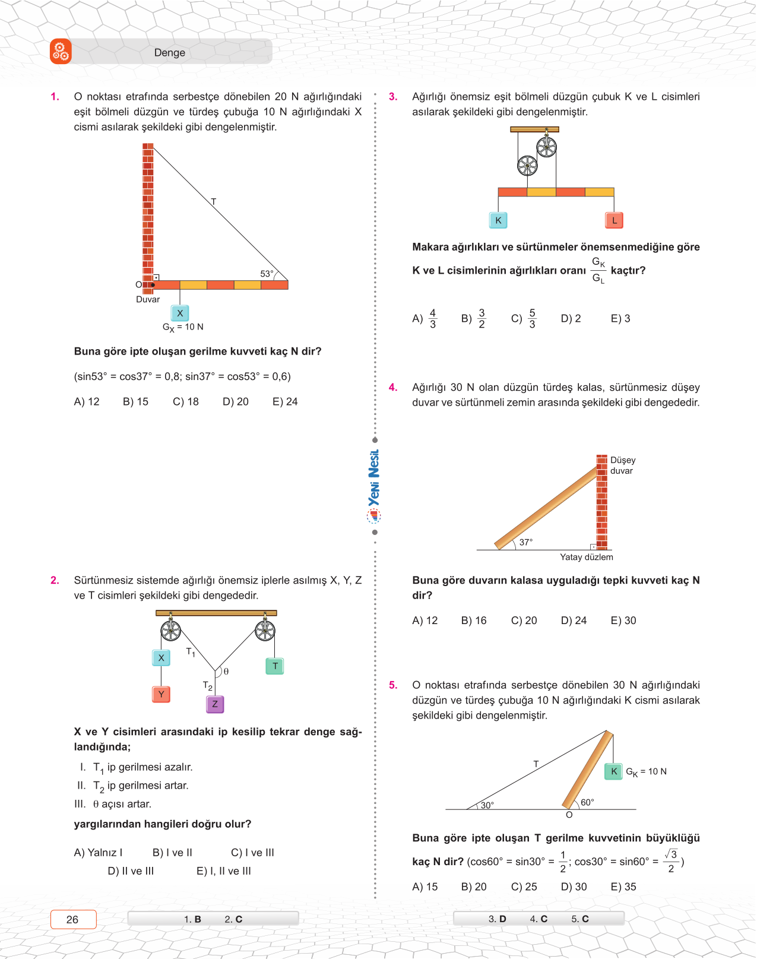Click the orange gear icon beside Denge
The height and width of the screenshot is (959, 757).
click(x=61, y=52)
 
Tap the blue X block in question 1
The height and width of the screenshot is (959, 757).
click(x=180, y=313)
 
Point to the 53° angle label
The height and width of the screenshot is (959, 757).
click(x=267, y=274)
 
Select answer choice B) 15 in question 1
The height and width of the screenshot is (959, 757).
click(x=135, y=402)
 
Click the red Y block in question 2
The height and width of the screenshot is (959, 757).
click(x=161, y=694)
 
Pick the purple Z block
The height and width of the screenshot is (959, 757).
click(x=215, y=704)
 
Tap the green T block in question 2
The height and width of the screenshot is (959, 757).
click(x=275, y=666)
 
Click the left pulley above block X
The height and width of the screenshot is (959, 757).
click(x=171, y=630)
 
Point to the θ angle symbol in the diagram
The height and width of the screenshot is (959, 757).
click(x=226, y=672)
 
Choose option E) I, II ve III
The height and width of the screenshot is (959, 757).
click(x=224, y=871)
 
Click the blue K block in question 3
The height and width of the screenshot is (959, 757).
click(x=498, y=220)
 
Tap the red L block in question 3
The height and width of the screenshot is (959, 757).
click(x=615, y=220)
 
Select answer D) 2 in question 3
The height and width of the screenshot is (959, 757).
click(x=571, y=319)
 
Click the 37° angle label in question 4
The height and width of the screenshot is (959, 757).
click(x=526, y=542)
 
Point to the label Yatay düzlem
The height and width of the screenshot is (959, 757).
click(x=586, y=557)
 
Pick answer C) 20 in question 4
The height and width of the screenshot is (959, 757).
click(x=524, y=621)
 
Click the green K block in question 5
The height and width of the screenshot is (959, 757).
click(x=614, y=771)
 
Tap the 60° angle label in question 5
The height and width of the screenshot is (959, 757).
click(x=587, y=802)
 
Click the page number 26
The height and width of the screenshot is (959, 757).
click(x=72, y=919)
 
